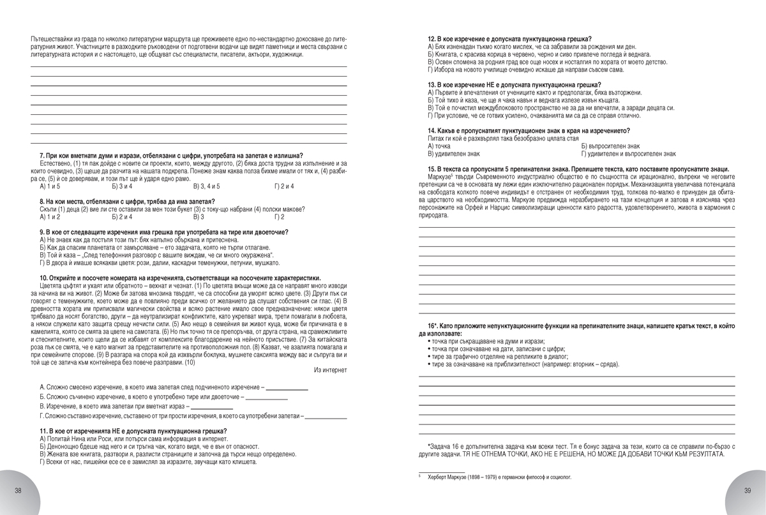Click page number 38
click(x=18, y=490)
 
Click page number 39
click(x=746, y=490)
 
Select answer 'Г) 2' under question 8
click(x=278, y=217)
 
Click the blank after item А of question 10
click(x=287, y=387)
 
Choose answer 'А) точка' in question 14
click(x=439, y=146)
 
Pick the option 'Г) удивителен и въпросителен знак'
click(x=628, y=154)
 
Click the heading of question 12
click(x=509, y=39)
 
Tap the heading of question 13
click(x=514, y=85)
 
